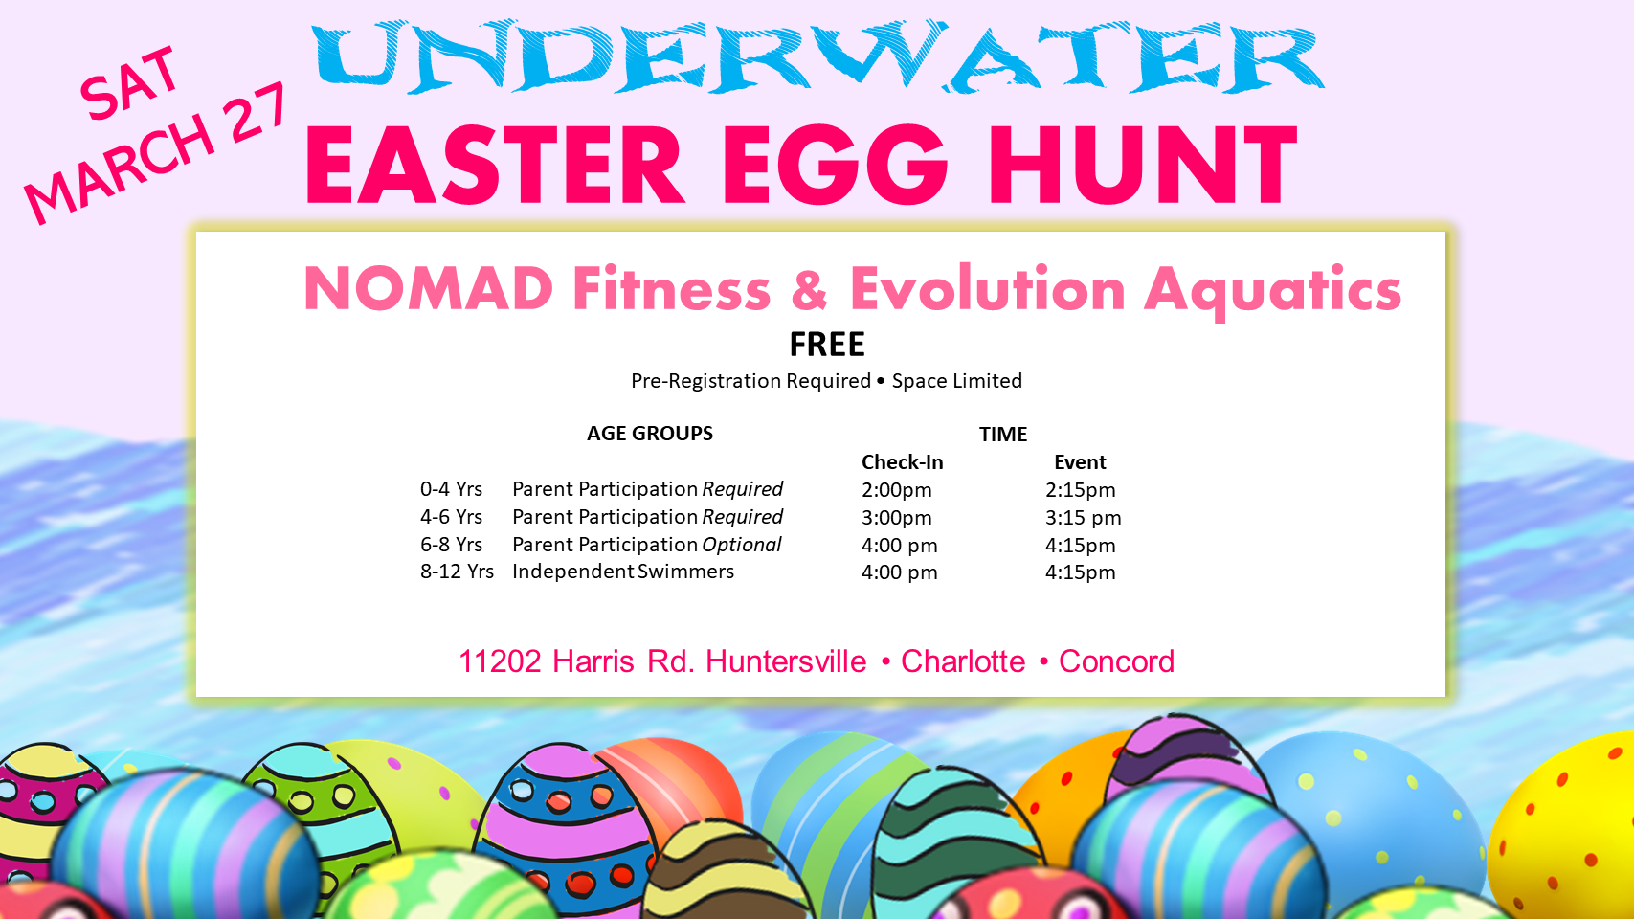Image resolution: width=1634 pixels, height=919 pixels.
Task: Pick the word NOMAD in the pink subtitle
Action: (428, 289)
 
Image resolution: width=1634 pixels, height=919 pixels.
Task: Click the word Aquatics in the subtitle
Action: (1272, 291)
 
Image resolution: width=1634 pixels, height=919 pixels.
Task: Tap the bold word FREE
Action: (827, 345)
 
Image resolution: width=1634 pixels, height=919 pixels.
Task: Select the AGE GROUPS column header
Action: (650, 434)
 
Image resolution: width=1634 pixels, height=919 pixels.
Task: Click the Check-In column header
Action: (903, 462)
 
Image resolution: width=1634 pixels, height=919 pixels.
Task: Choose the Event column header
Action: (1081, 462)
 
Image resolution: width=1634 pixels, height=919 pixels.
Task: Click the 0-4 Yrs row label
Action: (451, 488)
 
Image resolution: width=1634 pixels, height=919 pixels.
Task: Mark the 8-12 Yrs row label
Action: (457, 572)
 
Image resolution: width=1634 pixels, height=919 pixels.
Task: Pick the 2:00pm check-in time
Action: (897, 490)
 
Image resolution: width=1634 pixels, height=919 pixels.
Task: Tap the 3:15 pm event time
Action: (1084, 518)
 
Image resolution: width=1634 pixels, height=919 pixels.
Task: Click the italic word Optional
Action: (741, 545)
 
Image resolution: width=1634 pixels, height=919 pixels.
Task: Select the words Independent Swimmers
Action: (623, 572)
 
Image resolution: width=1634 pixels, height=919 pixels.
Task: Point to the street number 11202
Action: (500, 662)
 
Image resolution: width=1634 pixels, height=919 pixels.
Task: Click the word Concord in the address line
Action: (1116, 662)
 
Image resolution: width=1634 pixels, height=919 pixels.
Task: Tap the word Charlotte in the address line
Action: (963, 662)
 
